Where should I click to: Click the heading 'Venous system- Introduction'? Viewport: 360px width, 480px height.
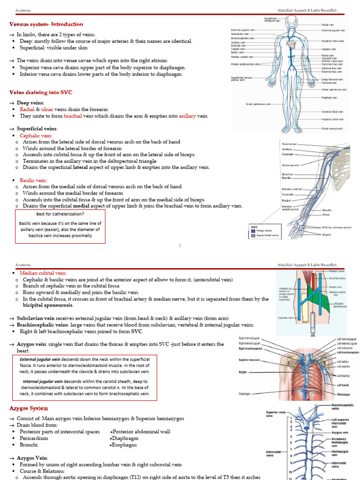[46, 24]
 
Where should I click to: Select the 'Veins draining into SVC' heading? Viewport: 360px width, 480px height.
[41, 92]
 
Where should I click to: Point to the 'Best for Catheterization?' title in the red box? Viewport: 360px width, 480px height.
[60, 214]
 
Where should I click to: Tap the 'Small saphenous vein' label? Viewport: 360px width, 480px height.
[258, 104]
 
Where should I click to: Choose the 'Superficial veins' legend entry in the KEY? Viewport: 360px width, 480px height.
[267, 235]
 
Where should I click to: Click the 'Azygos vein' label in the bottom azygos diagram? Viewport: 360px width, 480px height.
[340, 433]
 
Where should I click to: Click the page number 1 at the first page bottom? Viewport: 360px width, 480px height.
[180, 246]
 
